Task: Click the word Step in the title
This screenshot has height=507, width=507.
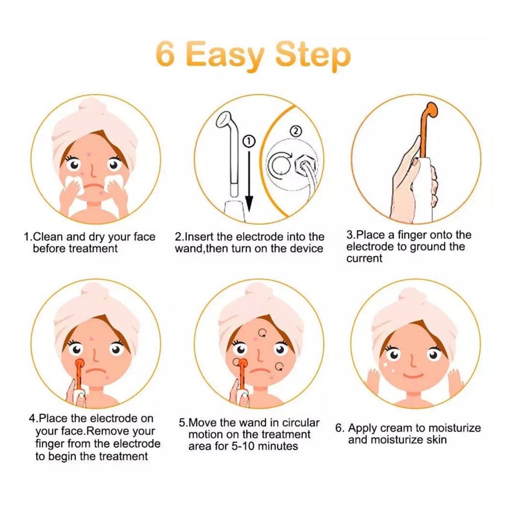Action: pyautogui.click(x=313, y=57)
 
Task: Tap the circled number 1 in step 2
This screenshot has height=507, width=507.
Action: pyautogui.click(x=249, y=141)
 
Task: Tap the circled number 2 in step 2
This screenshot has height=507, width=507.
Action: pyautogui.click(x=296, y=132)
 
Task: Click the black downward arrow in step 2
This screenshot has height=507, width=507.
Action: pyautogui.click(x=249, y=182)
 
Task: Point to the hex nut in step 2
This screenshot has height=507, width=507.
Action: pyautogui.click(x=305, y=164)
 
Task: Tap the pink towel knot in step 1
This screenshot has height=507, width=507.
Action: pyautogui.click(x=94, y=107)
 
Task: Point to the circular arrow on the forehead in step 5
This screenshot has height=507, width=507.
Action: pyautogui.click(x=263, y=333)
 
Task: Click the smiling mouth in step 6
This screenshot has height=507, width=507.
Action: pyautogui.click(x=413, y=375)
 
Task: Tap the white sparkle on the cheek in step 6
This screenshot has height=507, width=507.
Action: pyautogui.click(x=386, y=365)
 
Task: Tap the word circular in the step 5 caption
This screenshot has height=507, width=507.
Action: pyautogui.click(x=301, y=422)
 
